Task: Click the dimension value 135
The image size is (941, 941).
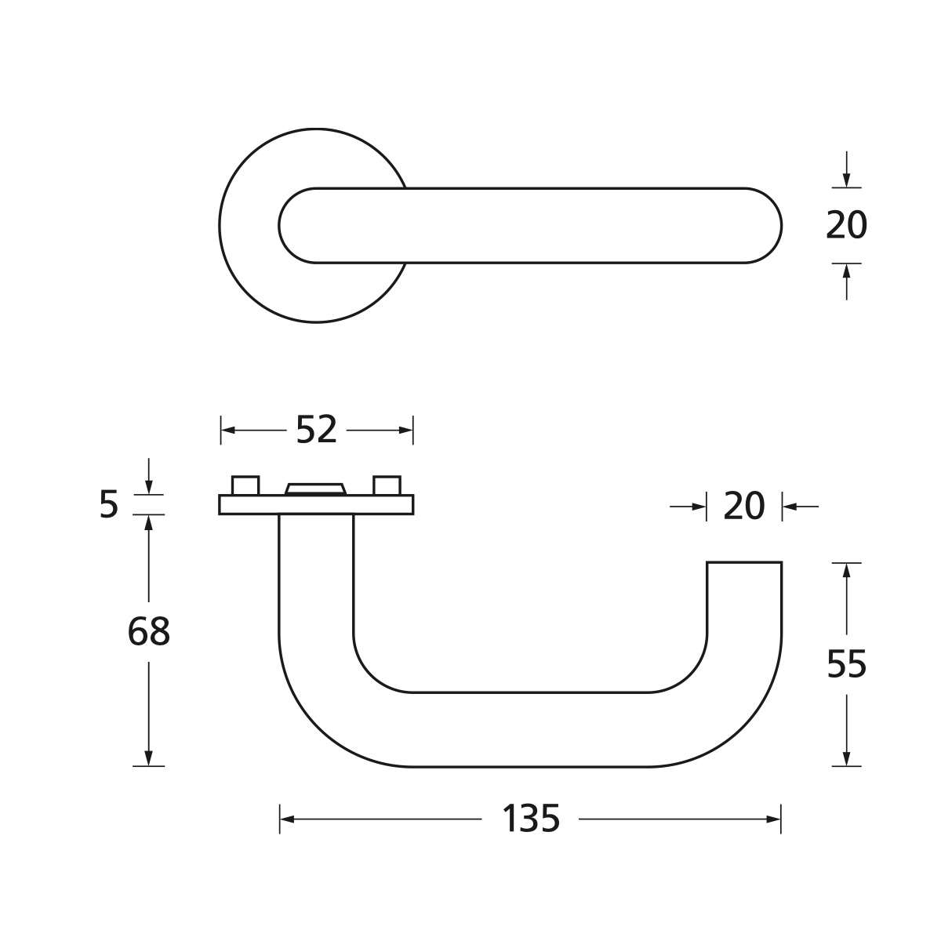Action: pos(530,819)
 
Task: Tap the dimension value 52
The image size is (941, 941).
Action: pos(317,430)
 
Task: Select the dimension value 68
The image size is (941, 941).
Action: pos(148,631)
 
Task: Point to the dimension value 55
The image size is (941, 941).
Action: pos(847,664)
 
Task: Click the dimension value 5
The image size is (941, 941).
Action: pos(109,504)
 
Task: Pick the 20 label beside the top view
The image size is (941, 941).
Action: pos(846,225)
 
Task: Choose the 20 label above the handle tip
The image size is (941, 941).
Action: pos(743,507)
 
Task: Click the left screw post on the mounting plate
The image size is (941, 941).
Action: pos(245,485)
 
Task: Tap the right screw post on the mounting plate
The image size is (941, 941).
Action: pos(387,485)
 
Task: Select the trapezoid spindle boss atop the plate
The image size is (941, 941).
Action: pos(316,489)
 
